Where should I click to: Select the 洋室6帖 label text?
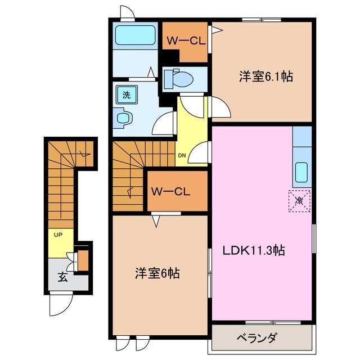[157, 274]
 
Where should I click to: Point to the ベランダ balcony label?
[256, 337]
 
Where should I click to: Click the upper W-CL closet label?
[184, 40]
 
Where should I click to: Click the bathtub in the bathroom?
[136, 35]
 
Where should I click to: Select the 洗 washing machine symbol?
[127, 95]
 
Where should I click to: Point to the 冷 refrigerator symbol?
[299, 200]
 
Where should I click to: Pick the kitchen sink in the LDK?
[301, 172]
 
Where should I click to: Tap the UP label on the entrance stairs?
[57, 234]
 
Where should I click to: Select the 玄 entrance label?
[62, 277]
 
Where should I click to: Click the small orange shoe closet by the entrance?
[83, 261]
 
